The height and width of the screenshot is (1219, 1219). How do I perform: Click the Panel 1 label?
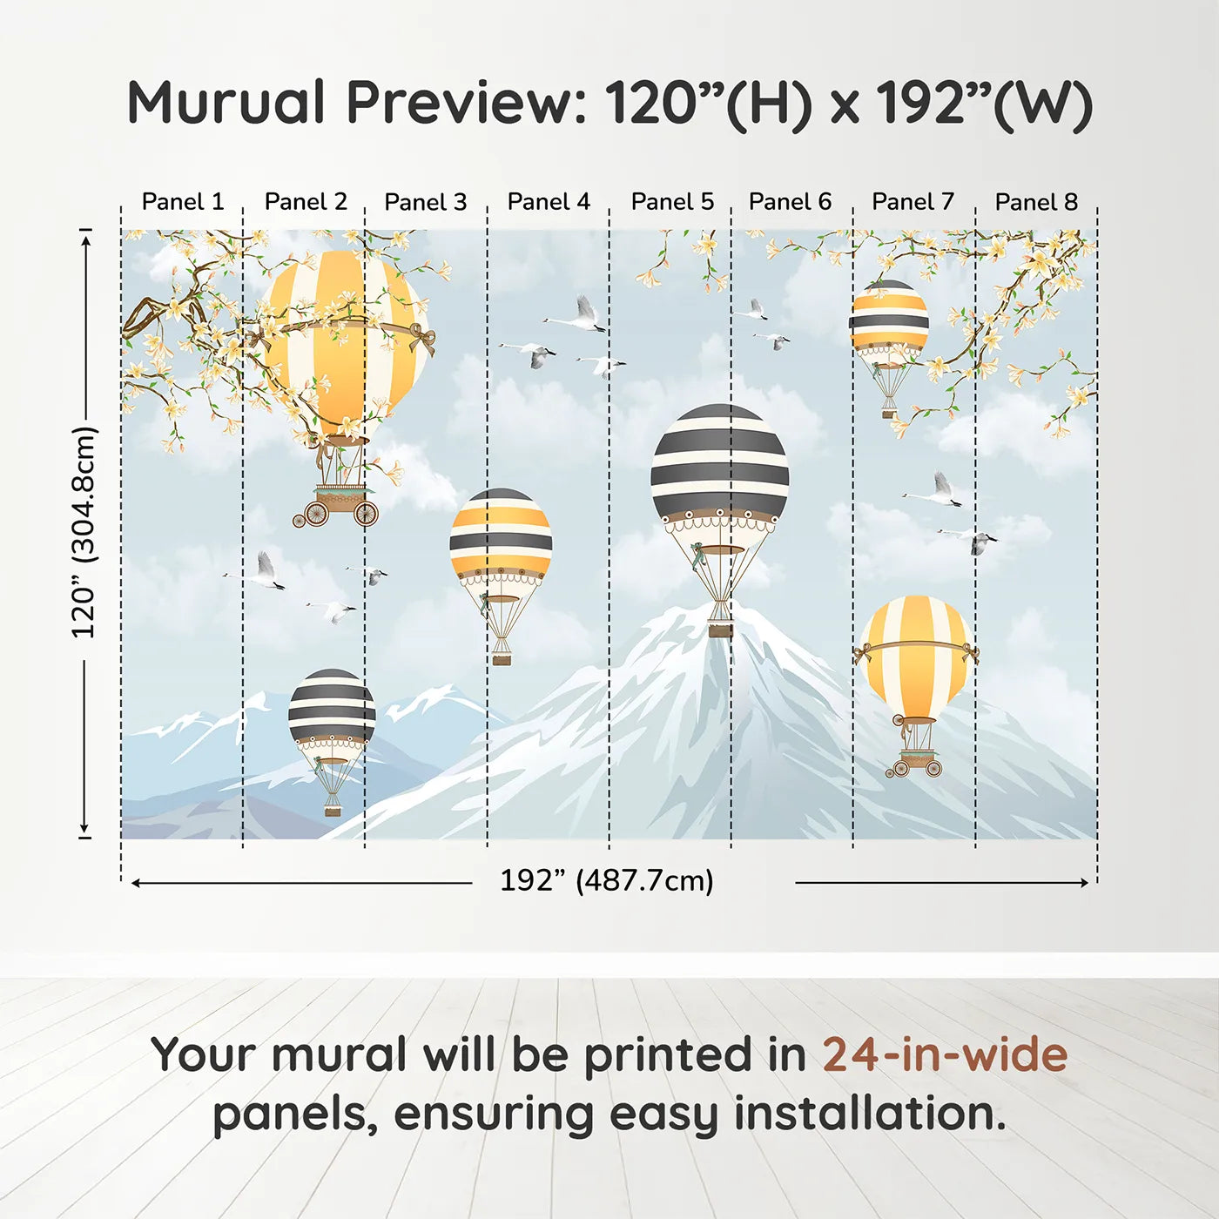point(183,202)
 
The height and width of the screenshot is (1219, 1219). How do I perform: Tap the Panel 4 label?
point(549,202)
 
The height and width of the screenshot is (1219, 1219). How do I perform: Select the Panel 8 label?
point(1036,202)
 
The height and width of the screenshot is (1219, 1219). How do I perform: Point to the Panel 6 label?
point(790,202)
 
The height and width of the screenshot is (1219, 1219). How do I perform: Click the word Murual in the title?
point(226,102)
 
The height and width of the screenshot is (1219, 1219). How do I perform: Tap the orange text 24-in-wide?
point(945,1054)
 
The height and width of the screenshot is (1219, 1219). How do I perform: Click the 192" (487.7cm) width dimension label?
point(607,880)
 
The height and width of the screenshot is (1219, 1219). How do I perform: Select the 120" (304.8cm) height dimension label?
point(84,531)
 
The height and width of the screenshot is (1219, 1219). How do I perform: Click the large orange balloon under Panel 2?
point(346,345)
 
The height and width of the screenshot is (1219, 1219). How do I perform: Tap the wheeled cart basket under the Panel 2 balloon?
point(336,505)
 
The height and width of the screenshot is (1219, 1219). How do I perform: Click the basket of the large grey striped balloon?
point(720,630)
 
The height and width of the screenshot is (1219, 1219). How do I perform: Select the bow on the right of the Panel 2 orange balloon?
point(422,340)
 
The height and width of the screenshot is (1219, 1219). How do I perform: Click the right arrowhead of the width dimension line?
point(1084,882)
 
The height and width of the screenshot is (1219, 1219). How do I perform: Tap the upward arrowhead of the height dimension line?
point(86,235)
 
